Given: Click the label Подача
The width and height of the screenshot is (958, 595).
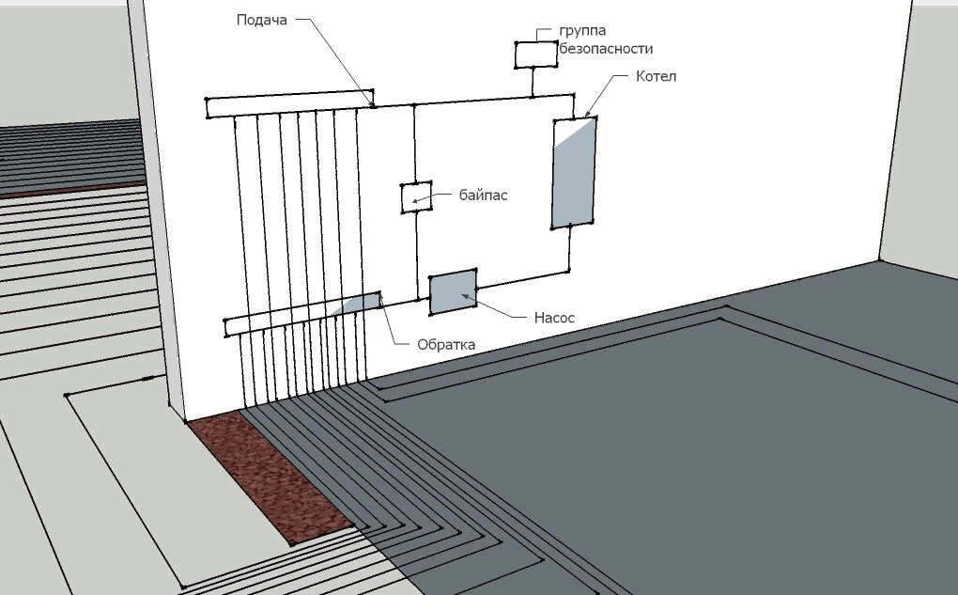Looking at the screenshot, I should point(260,21).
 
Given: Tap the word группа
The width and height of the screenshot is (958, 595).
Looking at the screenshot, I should point(584,30).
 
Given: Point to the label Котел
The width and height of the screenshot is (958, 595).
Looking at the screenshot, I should point(656,76).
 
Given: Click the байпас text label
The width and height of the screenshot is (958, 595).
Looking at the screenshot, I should point(484,196).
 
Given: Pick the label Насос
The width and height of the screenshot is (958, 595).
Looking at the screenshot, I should point(554,318).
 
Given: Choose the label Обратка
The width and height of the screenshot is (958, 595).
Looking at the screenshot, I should point(446,344).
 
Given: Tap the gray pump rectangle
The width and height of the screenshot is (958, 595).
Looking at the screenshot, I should point(453,292).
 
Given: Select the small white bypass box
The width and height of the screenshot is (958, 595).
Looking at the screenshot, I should point(416,197).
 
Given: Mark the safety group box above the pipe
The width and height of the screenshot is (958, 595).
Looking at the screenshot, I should point(535,55).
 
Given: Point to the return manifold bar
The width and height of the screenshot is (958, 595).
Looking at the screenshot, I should point(282,321).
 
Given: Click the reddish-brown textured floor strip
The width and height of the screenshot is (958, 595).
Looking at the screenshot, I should point(268,479).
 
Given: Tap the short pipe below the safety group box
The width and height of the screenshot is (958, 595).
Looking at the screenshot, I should point(533,81).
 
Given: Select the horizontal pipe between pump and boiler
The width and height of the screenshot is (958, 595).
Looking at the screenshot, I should point(521,279).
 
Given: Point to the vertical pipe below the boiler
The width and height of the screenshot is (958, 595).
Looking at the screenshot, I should point(570,249).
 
